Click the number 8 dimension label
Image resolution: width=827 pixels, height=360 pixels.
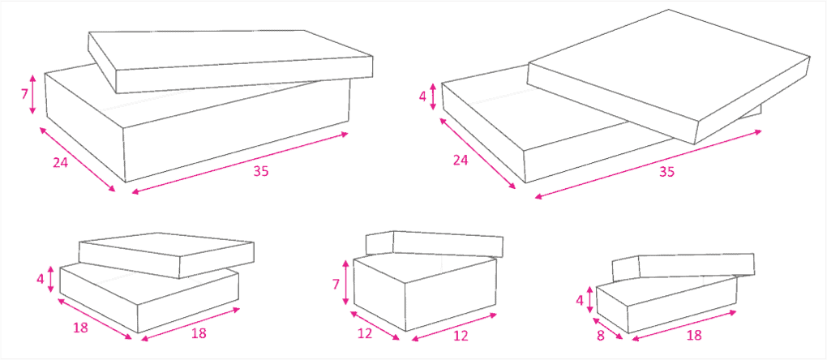[x=600, y=335]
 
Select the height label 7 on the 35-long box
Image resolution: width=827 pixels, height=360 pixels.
[x=24, y=95]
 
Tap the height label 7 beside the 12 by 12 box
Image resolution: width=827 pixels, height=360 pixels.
[x=336, y=285]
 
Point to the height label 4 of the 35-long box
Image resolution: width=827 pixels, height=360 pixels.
[x=423, y=97]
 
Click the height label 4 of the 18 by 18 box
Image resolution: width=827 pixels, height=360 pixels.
[x=41, y=278]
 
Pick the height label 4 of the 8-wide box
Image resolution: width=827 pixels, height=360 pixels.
[x=580, y=301]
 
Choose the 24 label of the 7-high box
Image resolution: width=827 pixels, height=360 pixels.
[x=61, y=162]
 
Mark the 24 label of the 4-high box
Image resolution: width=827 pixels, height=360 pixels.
[x=461, y=160]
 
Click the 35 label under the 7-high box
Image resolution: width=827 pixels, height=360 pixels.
[x=260, y=171]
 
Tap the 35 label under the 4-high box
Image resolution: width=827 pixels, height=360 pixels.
[x=667, y=172]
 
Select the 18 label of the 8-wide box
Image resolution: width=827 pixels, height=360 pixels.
[x=695, y=335]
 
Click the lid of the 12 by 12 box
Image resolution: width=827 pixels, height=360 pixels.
[x=435, y=244]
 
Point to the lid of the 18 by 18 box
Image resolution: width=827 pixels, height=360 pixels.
[x=167, y=255]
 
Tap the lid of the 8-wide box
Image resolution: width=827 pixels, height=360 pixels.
[x=683, y=268]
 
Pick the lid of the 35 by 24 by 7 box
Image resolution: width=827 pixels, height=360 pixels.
[x=230, y=62]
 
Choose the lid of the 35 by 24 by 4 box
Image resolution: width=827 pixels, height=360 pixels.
[x=669, y=76]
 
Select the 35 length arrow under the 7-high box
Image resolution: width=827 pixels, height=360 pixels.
[x=240, y=163]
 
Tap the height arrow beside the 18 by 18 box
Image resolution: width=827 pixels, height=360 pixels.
[x=51, y=279]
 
